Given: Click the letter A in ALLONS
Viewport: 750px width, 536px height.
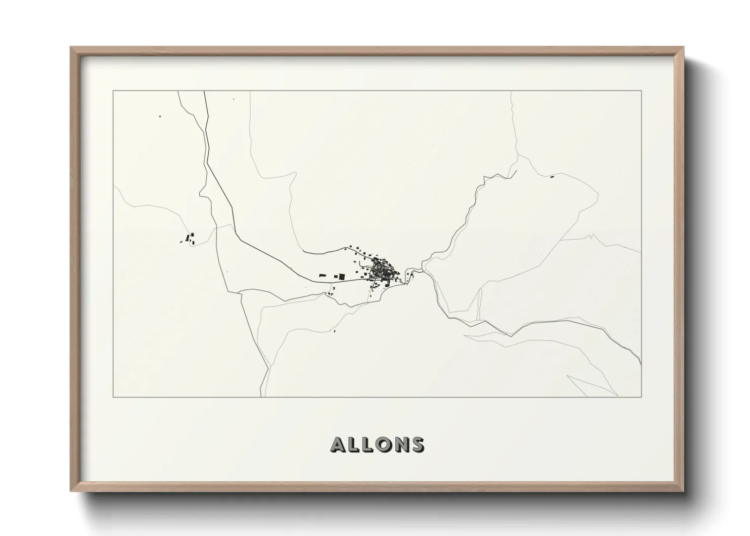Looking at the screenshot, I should pyautogui.click(x=339, y=444).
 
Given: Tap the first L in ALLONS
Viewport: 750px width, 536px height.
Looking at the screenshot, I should pyautogui.click(x=355, y=444).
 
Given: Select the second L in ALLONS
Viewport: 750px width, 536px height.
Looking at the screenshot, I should pyautogui.click(x=369, y=444).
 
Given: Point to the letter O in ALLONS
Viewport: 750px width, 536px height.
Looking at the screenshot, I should pyautogui.click(x=385, y=444).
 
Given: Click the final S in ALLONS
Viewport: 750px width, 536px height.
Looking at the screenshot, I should pyautogui.click(x=417, y=444).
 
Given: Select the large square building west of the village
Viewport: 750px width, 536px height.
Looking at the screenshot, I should pyautogui.click(x=342, y=277).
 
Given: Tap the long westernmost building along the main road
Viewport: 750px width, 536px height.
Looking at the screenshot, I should pyautogui.click(x=322, y=275).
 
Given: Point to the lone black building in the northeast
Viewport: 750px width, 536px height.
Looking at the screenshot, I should pyautogui.click(x=552, y=177).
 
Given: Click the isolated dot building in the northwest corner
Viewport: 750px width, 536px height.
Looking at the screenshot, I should pyautogui.click(x=160, y=117).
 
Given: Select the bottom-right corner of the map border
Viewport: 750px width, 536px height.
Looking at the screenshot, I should pyautogui.click(x=641, y=397).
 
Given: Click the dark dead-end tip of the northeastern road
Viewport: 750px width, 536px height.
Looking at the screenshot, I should pyautogui.click(x=516, y=171).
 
